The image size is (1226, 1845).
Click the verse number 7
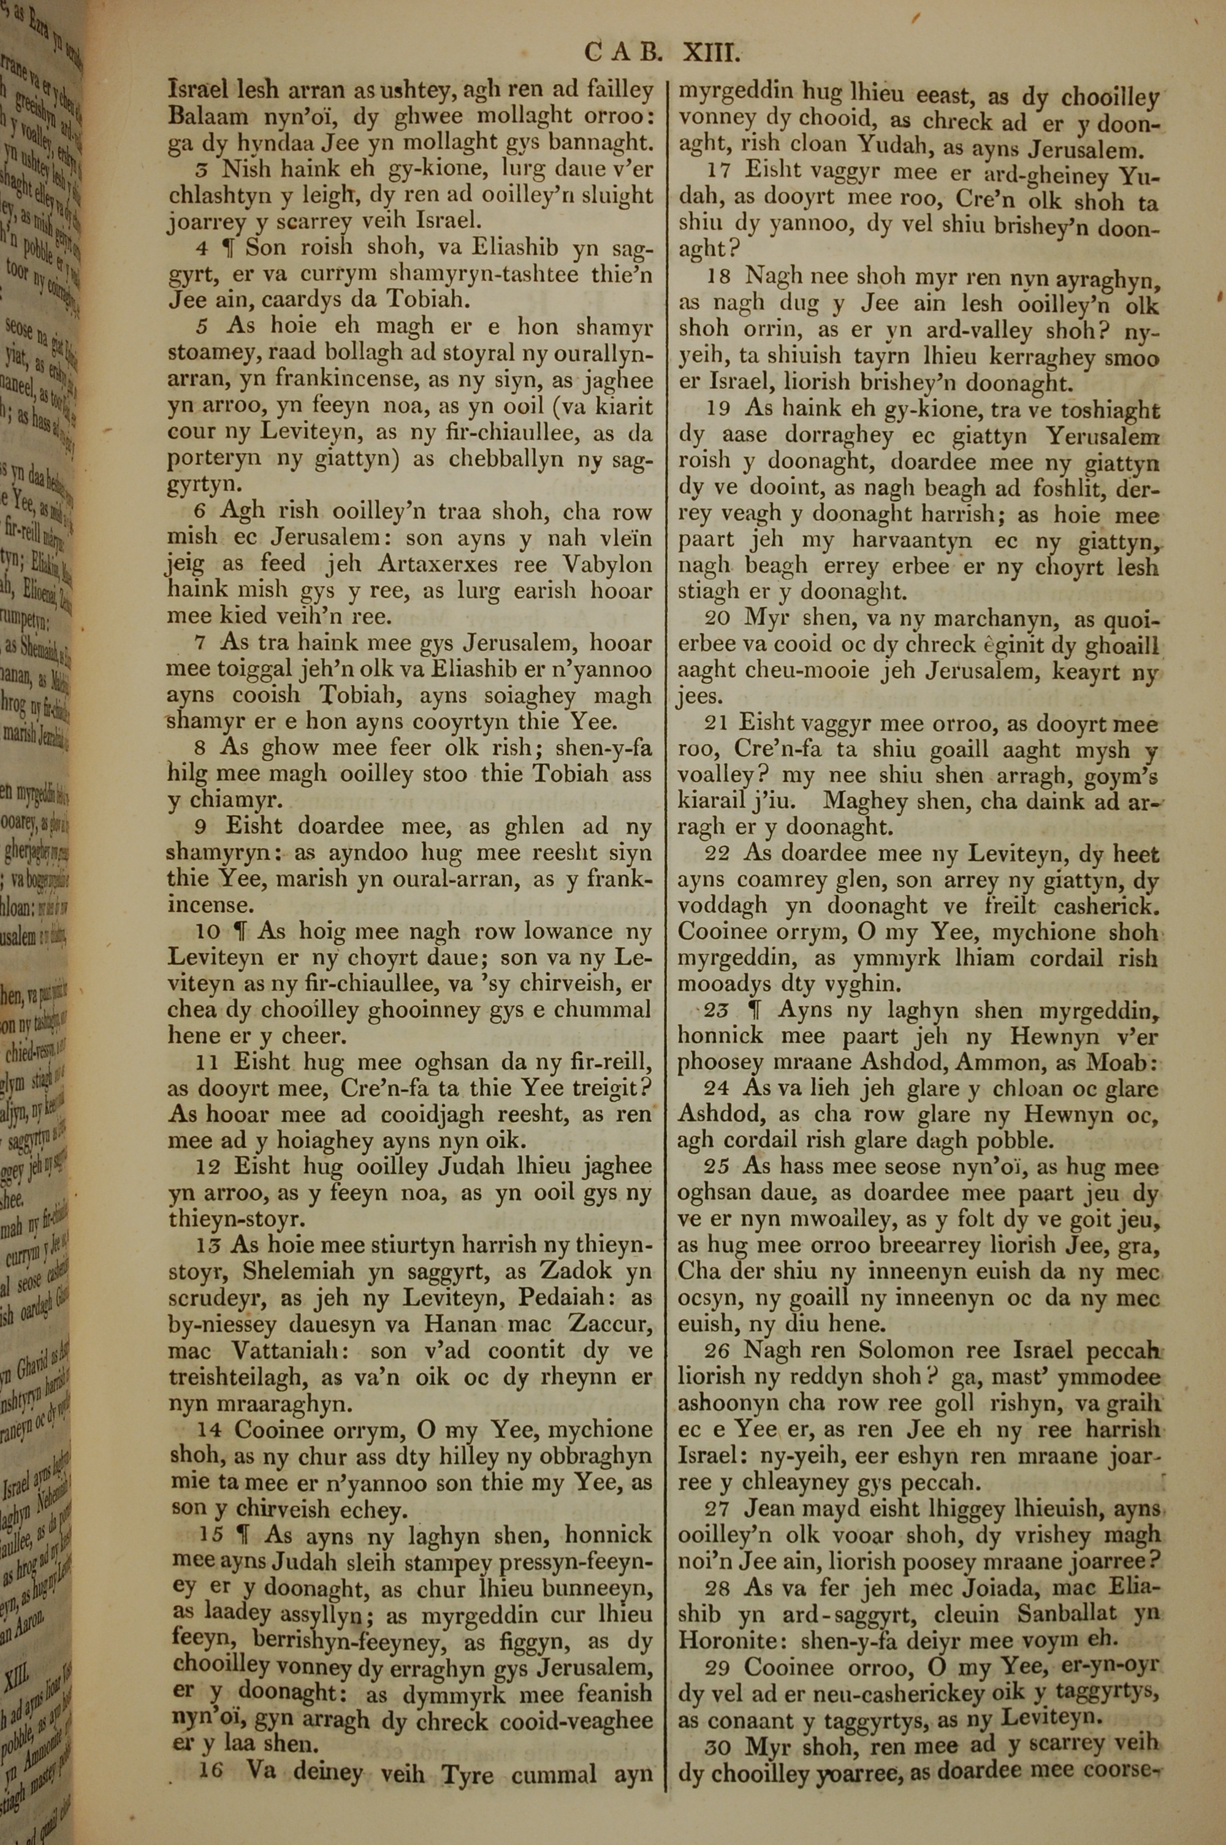(199, 643)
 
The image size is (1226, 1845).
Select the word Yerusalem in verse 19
(1104, 435)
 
